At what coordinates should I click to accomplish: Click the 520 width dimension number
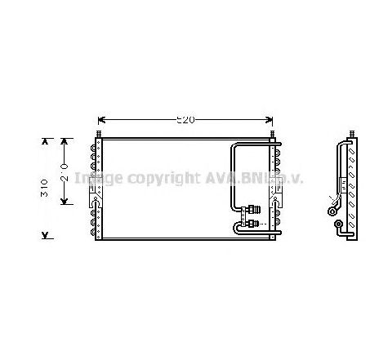tap(186, 120)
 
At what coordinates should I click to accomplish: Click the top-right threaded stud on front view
tap(272, 134)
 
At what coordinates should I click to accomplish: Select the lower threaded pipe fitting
tap(256, 220)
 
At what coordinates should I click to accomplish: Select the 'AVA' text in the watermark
tap(221, 178)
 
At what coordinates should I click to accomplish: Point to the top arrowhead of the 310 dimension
tap(44, 141)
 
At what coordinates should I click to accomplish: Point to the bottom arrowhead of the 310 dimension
tap(44, 236)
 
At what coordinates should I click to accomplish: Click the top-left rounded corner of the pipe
tap(234, 148)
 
